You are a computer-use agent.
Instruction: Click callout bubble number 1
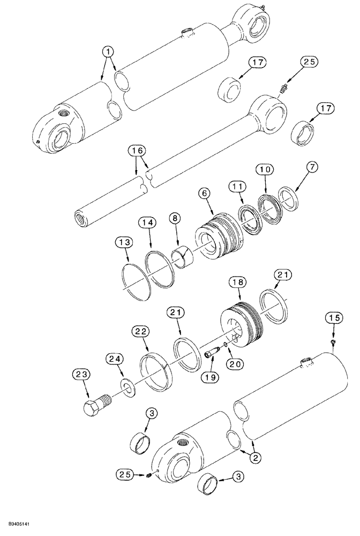[109, 51]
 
